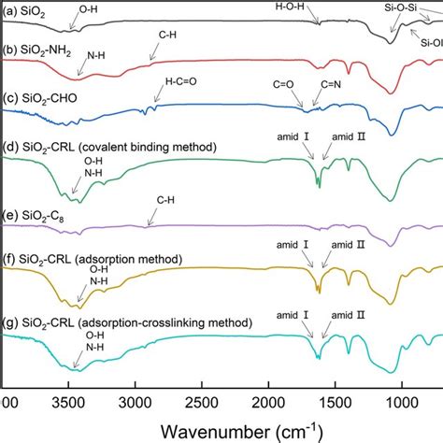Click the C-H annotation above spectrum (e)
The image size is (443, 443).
click(164, 199)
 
